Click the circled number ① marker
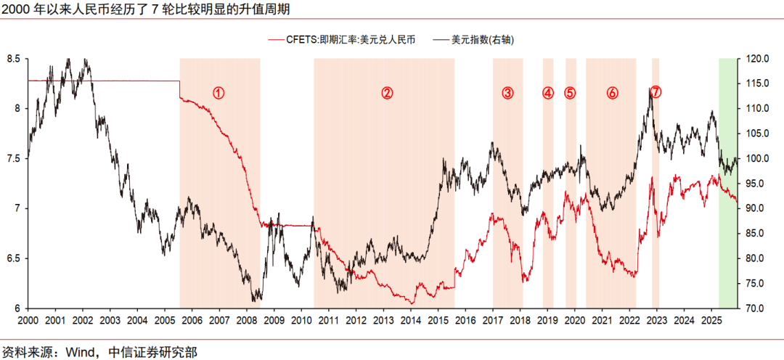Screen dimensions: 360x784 click(x=219, y=92)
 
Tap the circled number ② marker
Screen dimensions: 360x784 click(x=387, y=92)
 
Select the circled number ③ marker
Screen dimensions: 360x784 click(x=507, y=92)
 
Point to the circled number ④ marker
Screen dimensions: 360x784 click(x=548, y=92)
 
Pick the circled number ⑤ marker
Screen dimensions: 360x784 click(x=570, y=92)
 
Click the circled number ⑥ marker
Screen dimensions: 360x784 click(x=612, y=92)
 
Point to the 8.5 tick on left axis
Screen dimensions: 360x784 click(x=12, y=59)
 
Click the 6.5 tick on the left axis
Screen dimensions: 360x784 click(x=12, y=258)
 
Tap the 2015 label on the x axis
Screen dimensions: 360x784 click(x=438, y=320)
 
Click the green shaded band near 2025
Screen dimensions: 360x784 click(x=727, y=218)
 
